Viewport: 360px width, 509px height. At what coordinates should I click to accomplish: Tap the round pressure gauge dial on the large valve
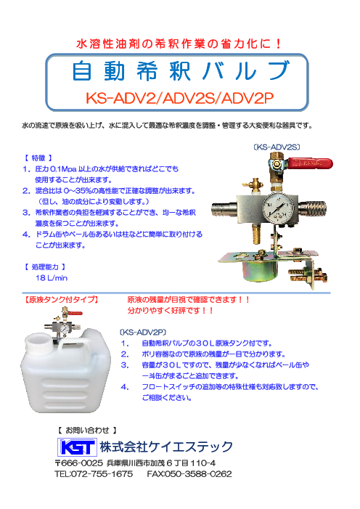pos(278,207)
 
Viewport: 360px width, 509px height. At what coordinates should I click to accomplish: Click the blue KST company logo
pos(77,447)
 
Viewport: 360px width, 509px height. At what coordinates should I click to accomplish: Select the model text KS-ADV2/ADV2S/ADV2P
pos(179,98)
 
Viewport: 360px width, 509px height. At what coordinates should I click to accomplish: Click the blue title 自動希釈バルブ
pos(181,70)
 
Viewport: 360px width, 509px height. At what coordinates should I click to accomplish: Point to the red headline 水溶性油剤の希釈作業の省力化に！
pos(179,44)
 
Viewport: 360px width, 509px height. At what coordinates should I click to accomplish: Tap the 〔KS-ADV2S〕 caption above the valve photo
pos(277,147)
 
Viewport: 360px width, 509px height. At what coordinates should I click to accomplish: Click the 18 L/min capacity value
pos(52,278)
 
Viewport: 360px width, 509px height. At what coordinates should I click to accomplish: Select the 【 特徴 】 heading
pos(38,158)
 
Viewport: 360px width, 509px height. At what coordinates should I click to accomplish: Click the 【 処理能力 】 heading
pos(45,266)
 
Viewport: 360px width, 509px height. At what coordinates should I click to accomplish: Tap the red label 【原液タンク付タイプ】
pos(61,300)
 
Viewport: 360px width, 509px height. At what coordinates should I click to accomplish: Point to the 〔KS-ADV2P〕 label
pos(142,333)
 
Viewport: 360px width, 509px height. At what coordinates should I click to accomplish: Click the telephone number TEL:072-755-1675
pos(94,474)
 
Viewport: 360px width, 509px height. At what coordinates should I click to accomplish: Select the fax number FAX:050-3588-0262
pos(189,474)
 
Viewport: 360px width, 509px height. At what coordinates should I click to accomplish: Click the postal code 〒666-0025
pos(78,463)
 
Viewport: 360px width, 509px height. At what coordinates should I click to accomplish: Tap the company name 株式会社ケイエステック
pos(166,447)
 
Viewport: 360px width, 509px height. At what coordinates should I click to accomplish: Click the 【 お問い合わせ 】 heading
pos(87,431)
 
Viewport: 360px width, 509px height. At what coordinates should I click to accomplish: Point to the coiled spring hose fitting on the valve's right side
pos(312,208)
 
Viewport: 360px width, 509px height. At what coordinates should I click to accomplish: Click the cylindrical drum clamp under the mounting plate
pos(260,270)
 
